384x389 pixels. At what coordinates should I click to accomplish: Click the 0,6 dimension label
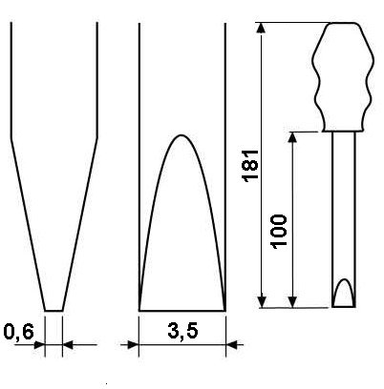pyautogui.click(x=18, y=333)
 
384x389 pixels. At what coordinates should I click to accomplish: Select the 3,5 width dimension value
pyautogui.click(x=182, y=332)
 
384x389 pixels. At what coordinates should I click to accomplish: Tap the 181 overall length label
pyautogui.click(x=251, y=165)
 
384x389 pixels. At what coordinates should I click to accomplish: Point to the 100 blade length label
pyautogui.click(x=278, y=231)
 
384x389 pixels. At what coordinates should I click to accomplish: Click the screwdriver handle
pyautogui.click(x=343, y=77)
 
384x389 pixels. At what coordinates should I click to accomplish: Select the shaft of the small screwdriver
pyautogui.click(x=344, y=219)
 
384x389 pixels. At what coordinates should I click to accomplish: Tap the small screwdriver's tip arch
pyautogui.click(x=344, y=279)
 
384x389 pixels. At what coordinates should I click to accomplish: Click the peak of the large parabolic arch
pyautogui.click(x=181, y=135)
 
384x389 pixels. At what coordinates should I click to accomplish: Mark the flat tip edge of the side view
pyautogui.click(x=53, y=311)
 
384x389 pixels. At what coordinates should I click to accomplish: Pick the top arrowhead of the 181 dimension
pyautogui.click(x=261, y=28)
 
